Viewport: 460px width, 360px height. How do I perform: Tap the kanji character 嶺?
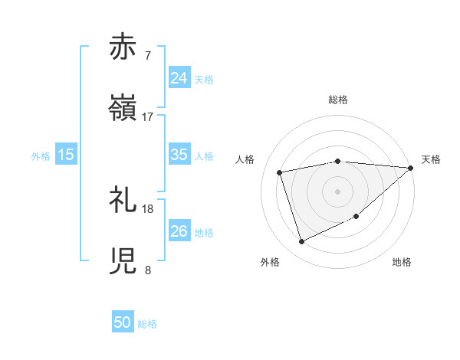[124, 109]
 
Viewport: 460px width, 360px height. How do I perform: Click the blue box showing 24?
[179, 78]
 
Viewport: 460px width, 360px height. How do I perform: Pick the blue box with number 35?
[179, 155]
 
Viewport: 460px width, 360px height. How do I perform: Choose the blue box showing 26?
[179, 231]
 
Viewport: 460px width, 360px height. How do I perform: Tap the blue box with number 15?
[66, 155]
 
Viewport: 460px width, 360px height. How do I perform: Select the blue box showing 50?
[123, 322]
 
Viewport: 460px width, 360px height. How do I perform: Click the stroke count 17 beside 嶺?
[148, 117]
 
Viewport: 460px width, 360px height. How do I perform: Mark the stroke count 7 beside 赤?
[148, 56]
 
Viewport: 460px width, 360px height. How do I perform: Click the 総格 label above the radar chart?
[337, 100]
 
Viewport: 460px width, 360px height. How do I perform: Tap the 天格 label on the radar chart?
[431, 159]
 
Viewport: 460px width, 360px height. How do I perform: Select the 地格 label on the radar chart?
[402, 263]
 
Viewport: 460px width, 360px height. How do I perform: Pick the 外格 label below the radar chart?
[270, 263]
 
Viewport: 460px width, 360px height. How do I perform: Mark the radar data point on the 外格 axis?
[302, 242]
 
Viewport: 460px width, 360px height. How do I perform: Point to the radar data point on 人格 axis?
[280, 172]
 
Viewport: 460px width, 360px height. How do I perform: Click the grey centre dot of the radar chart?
[337, 191]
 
